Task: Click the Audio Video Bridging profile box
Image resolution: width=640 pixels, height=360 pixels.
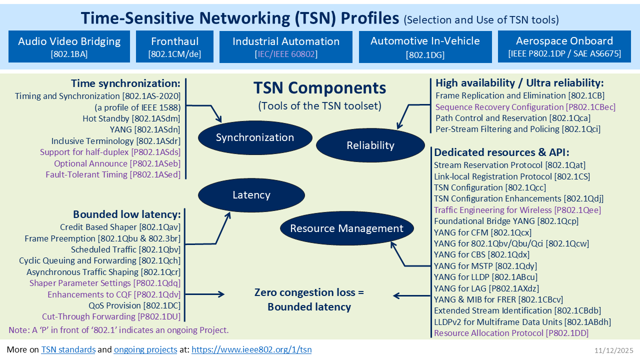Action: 69,46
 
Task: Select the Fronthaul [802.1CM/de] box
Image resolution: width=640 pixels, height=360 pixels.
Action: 174,46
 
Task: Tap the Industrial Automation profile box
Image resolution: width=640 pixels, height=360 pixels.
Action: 285,46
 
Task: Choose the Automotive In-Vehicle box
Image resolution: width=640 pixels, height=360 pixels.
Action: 425,46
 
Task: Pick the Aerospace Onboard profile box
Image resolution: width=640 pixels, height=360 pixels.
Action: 564,46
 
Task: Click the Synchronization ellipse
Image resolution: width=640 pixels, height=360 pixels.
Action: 255,137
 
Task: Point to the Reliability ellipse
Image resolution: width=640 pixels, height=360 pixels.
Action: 370,145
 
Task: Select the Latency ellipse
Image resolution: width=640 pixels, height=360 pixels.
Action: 251,195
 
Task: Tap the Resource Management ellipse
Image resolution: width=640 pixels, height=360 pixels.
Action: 347,228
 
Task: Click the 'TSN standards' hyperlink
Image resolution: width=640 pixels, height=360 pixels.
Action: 68,349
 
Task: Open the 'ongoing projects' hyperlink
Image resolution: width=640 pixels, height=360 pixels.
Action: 145,349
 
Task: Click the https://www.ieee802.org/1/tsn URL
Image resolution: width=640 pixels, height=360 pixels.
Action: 251,349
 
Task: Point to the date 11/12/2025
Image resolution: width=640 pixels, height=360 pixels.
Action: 614,350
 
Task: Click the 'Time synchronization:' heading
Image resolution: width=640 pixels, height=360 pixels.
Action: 125,83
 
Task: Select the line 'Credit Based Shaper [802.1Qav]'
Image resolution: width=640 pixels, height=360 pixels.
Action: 120,227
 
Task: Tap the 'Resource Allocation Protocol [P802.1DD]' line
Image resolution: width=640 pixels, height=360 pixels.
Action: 511,333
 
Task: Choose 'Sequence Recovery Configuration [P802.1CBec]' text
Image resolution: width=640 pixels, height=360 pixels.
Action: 525,107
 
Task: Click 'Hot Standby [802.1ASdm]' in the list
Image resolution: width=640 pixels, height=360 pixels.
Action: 131,118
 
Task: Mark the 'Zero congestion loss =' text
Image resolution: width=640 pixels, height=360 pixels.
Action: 309,292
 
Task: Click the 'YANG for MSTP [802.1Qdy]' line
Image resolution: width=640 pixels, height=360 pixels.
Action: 485,266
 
